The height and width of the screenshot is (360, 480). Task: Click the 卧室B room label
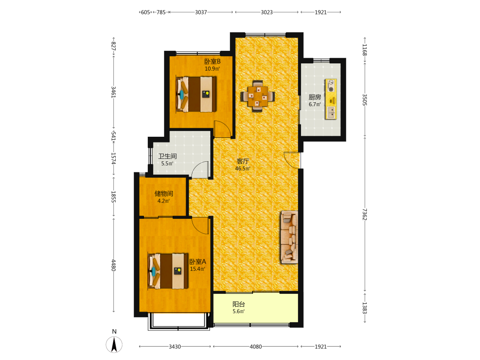pyautogui.click(x=213, y=61)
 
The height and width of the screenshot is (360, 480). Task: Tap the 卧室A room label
pyautogui.click(x=197, y=262)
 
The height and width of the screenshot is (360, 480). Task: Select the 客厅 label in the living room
pyautogui.click(x=243, y=161)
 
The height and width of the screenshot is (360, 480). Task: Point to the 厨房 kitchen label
pyautogui.click(x=315, y=97)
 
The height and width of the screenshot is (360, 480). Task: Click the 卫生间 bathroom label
pyautogui.click(x=167, y=156)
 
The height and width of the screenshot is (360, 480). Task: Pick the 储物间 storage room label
pyautogui.click(x=164, y=193)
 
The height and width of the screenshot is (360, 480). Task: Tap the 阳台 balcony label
pyautogui.click(x=239, y=304)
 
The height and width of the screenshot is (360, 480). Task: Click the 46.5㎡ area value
pyautogui.click(x=243, y=168)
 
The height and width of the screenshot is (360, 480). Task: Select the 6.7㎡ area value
pyautogui.click(x=315, y=104)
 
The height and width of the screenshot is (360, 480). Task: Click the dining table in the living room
pyautogui.click(x=257, y=96)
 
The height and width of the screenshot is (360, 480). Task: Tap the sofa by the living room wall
pyautogui.click(x=289, y=237)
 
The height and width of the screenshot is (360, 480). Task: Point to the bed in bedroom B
pyautogui.click(x=196, y=94)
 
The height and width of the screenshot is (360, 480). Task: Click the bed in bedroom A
pyautogui.click(x=168, y=271)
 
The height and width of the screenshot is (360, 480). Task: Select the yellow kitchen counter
pyautogui.click(x=331, y=99)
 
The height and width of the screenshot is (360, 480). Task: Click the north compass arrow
pyautogui.click(x=114, y=344)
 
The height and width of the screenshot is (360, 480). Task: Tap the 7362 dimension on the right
pyautogui.click(x=364, y=214)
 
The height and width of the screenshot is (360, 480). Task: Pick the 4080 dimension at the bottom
pyautogui.click(x=256, y=347)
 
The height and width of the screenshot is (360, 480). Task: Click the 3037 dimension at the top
pyautogui.click(x=201, y=12)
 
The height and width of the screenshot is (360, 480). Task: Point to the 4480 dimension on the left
pyautogui.click(x=113, y=265)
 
